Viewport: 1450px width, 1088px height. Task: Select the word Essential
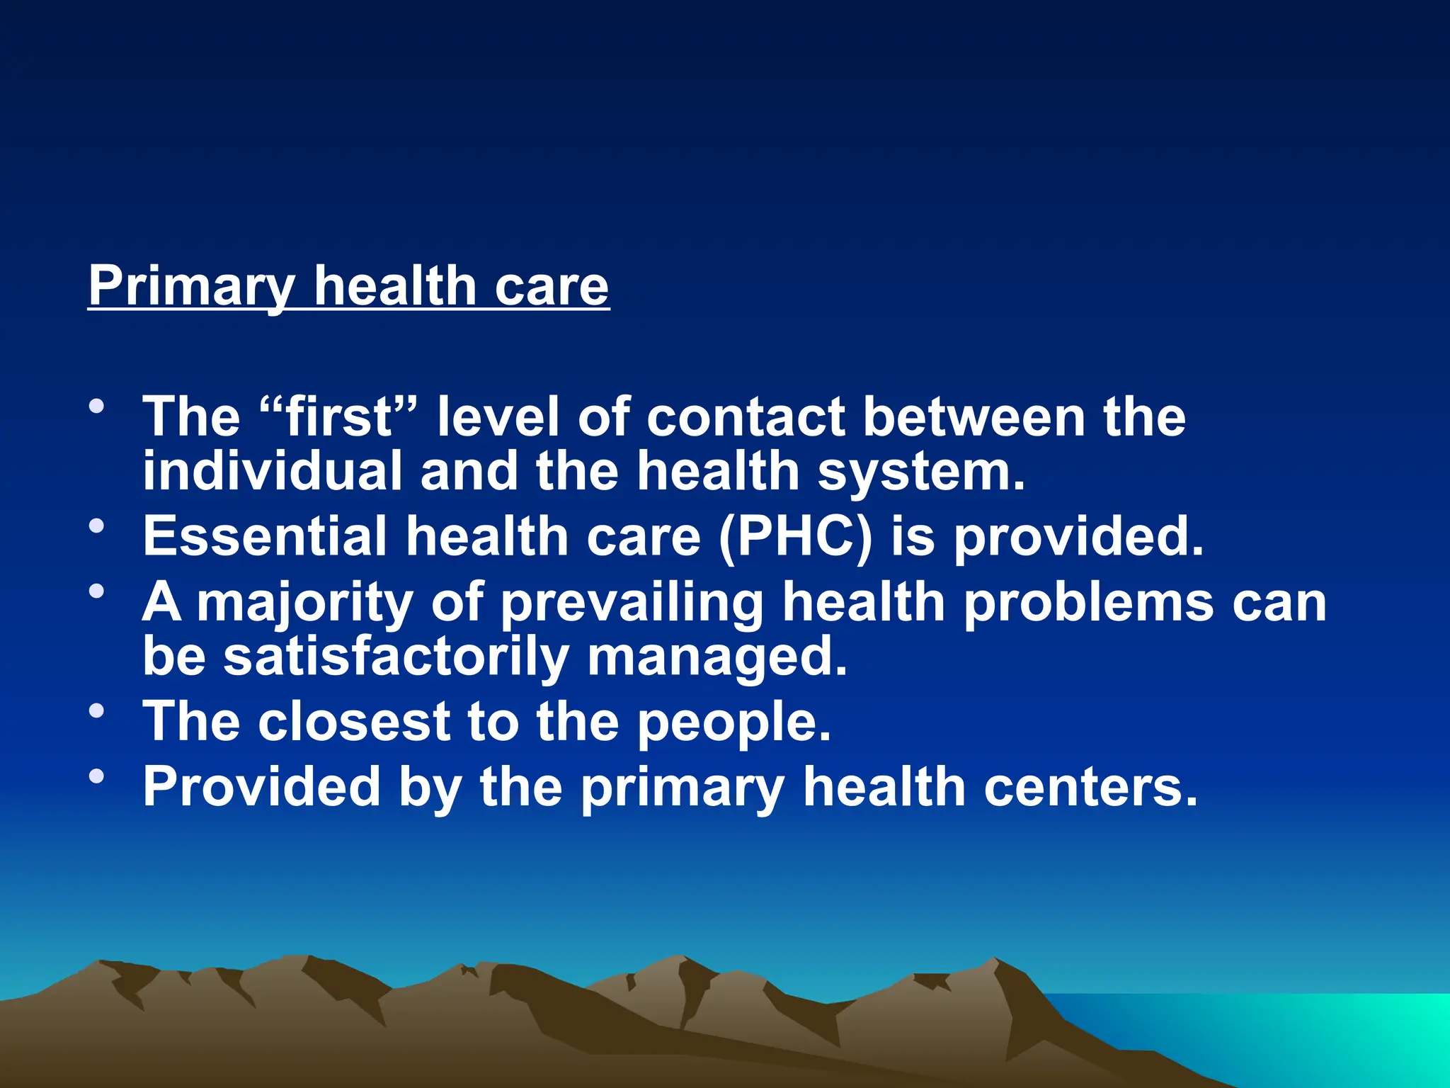click(265, 536)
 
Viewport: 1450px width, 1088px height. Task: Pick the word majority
click(304, 603)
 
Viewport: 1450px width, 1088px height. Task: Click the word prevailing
click(632, 603)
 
